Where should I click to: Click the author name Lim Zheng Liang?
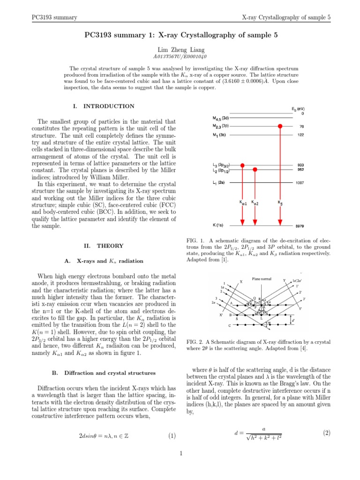pyautogui.click(x=180, y=50)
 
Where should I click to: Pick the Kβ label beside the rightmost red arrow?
pyautogui.click(x=280, y=203)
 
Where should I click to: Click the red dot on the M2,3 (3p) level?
pyautogui.click(x=280, y=127)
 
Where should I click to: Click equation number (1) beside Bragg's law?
pyautogui.click(x=172, y=436)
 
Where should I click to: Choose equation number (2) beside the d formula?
pyautogui.click(x=327, y=433)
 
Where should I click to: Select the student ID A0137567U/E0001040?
pyautogui.click(x=180, y=58)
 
